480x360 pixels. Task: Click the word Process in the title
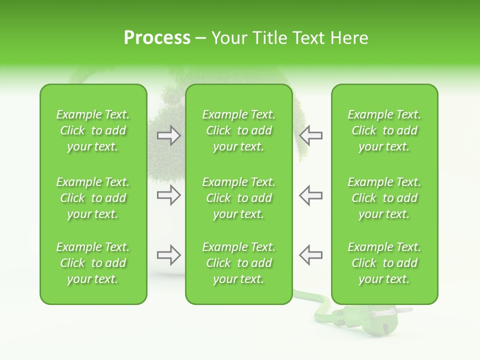[157, 38]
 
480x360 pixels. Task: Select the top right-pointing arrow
[168, 135]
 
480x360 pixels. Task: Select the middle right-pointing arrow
[168, 195]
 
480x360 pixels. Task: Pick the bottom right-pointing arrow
[168, 255]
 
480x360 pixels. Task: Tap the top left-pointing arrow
[310, 135]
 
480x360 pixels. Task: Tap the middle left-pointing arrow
[310, 195]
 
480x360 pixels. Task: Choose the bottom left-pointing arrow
[310, 255]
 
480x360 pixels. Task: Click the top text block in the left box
[93, 130]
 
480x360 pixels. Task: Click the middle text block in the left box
[93, 198]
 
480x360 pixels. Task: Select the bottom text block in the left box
[93, 263]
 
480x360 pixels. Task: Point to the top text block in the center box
[238, 130]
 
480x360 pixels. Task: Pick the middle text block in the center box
[238, 198]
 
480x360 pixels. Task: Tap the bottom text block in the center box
[238, 263]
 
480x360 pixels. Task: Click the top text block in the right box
[384, 130]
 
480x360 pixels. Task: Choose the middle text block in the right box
[384, 198]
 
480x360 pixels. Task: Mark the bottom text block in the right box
[384, 263]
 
